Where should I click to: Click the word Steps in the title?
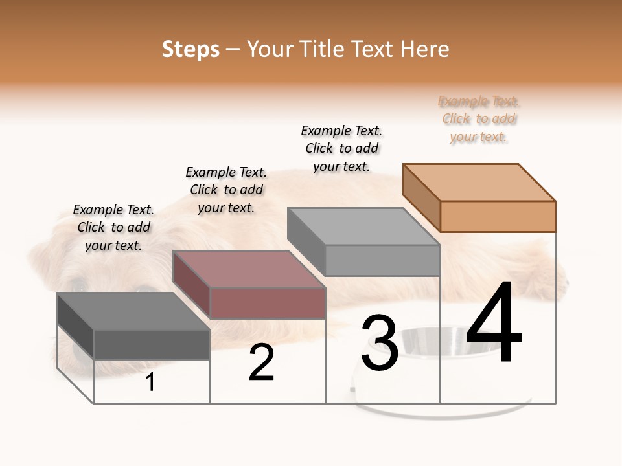(190, 49)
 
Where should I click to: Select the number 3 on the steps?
(379, 343)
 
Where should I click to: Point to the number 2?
(261, 362)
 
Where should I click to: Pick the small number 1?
(150, 383)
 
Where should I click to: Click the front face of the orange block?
(498, 216)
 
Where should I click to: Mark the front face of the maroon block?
(268, 303)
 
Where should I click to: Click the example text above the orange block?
(479, 119)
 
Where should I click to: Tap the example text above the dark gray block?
(114, 227)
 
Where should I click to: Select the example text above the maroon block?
(226, 190)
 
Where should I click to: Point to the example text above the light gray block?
(341, 148)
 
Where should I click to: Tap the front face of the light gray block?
(382, 260)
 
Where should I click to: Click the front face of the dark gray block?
(152, 344)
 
